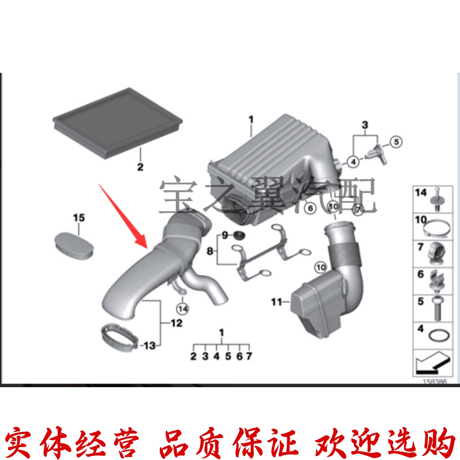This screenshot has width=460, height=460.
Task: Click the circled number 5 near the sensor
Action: coord(396,142)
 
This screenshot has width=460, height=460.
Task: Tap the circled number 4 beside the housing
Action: coord(353,162)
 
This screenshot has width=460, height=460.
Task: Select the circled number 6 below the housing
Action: coord(310,208)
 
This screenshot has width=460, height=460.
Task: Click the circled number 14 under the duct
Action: coord(183,308)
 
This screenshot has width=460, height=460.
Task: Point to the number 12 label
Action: coord(176,323)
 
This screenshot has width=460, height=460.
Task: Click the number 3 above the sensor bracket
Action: coord(365,125)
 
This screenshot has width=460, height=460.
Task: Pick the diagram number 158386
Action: coord(434,382)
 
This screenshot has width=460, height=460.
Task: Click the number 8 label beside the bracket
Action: coord(210,251)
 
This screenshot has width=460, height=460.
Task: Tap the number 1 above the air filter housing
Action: coord(251,120)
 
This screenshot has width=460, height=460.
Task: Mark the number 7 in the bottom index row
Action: coord(249,356)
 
